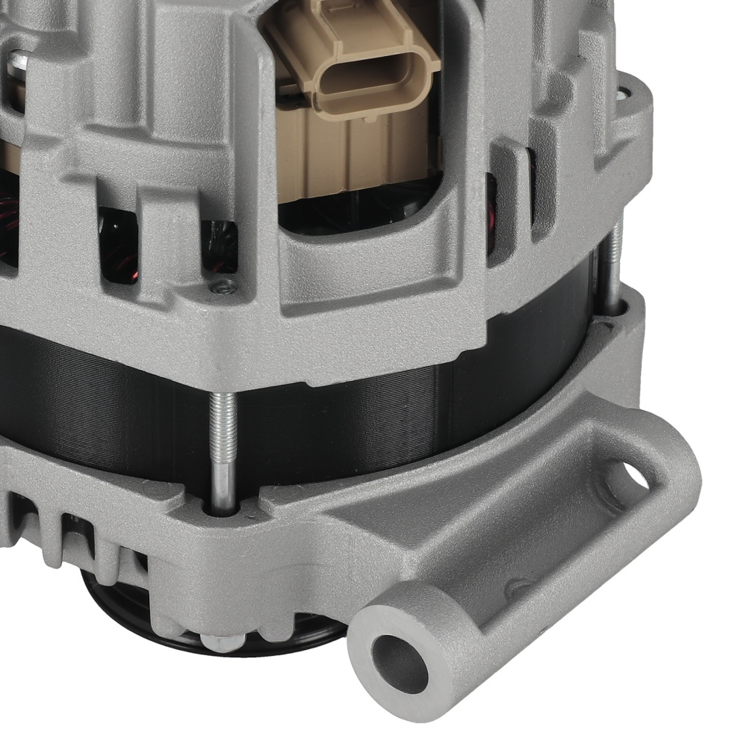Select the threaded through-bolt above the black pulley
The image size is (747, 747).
coord(223,448)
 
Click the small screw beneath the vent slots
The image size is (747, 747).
coord(221,285)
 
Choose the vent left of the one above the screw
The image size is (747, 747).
coord(120,243)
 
